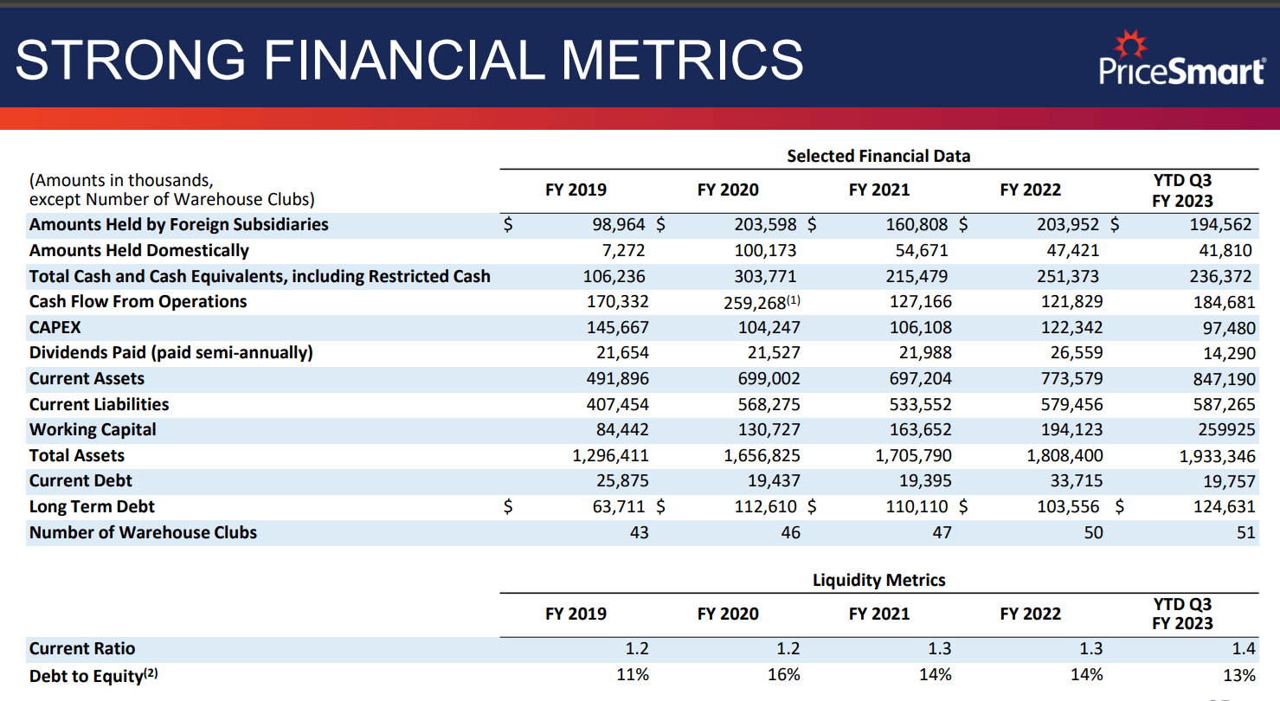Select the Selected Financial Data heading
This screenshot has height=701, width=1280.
pyautogui.click(x=878, y=157)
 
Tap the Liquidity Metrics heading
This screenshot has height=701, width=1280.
pyautogui.click(x=878, y=580)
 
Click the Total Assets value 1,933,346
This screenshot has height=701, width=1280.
pyautogui.click(x=1217, y=456)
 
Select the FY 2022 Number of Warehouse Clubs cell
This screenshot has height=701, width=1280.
pyautogui.click(x=1093, y=533)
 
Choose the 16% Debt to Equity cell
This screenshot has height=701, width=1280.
pyautogui.click(x=783, y=675)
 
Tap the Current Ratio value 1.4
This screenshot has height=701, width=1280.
pyautogui.click(x=1244, y=649)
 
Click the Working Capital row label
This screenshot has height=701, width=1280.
pyautogui.click(x=93, y=430)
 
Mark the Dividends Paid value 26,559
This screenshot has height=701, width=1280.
pyautogui.click(x=1073, y=353)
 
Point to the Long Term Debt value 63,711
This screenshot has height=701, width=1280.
pyautogui.click(x=614, y=507)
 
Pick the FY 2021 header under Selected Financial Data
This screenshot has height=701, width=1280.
pyautogui.click(x=878, y=190)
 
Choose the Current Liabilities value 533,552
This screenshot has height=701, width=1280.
pyautogui.click(x=920, y=404)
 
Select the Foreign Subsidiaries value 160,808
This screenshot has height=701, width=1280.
pyautogui.click(x=917, y=225)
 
